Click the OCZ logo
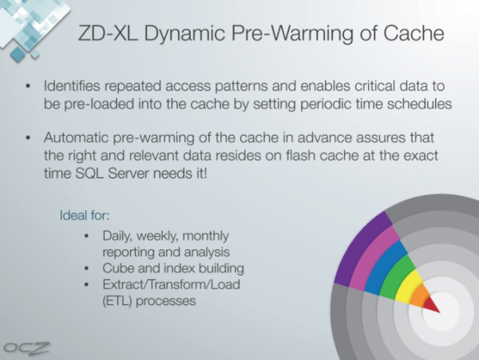click(26, 348)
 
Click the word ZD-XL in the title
click(108, 33)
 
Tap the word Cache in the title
click(414, 33)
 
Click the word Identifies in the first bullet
click(72, 85)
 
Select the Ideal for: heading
click(85, 216)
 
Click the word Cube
click(117, 268)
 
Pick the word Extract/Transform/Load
click(172, 285)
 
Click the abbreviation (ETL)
click(117, 301)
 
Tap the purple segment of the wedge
click(362, 249)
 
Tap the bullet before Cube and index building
click(87, 269)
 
